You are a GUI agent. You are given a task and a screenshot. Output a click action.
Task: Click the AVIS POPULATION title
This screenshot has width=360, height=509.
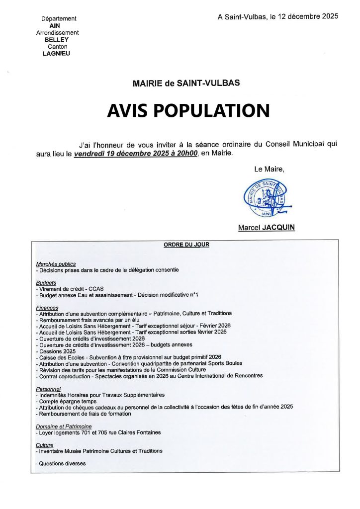pyautogui.click(x=188, y=110)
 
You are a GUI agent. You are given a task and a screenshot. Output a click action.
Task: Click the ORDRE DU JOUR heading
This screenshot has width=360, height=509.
pyautogui.click(x=186, y=245)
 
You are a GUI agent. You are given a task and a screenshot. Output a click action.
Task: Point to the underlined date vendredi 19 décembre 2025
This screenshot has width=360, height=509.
pyautogui.click(x=136, y=154)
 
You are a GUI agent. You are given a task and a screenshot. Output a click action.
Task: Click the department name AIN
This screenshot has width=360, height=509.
pyautogui.click(x=55, y=25)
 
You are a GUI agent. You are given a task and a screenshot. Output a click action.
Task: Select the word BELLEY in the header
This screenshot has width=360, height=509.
pyautogui.click(x=57, y=40)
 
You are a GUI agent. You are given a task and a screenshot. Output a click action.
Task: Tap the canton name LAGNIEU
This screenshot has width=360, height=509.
pyautogui.click(x=57, y=54)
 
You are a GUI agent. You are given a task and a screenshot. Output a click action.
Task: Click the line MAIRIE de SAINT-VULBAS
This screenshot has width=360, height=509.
pyautogui.click(x=186, y=83)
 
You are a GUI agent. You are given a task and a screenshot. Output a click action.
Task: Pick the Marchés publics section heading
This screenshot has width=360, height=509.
pyautogui.click(x=56, y=264)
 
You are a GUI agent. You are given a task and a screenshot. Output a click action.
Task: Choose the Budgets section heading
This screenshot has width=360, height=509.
pyautogui.click(x=46, y=282)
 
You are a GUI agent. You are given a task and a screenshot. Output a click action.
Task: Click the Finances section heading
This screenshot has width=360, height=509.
pyautogui.click(x=47, y=308)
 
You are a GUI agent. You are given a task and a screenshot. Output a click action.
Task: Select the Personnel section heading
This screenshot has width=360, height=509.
pyautogui.click(x=48, y=388)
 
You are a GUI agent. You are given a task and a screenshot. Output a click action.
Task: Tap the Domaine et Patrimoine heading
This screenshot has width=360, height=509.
pyautogui.click(x=64, y=426)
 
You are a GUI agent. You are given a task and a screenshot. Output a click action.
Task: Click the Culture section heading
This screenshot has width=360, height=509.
pyautogui.click(x=45, y=445)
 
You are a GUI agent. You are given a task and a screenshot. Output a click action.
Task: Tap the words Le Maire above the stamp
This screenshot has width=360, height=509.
pyautogui.click(x=270, y=170)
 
